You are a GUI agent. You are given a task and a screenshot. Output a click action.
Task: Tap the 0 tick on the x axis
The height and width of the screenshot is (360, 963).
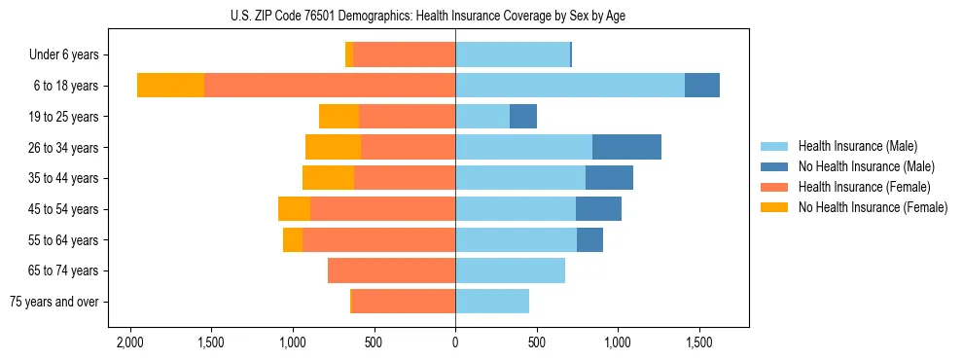click(455, 342)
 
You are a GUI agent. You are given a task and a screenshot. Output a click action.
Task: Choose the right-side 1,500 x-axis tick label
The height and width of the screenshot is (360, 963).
click(699, 342)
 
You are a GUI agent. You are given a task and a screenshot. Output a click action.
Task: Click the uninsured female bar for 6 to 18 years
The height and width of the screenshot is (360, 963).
click(170, 86)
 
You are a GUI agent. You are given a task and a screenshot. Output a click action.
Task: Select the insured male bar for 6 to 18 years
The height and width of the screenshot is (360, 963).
click(570, 86)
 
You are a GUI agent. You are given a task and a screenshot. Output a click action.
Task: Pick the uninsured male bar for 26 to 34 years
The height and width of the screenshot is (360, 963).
click(626, 147)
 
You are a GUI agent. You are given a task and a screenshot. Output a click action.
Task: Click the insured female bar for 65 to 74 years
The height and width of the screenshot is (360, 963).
click(391, 270)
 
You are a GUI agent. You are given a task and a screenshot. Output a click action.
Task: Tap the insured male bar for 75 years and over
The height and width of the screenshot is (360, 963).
click(492, 302)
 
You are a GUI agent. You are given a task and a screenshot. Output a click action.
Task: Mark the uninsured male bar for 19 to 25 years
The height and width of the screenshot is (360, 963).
click(523, 117)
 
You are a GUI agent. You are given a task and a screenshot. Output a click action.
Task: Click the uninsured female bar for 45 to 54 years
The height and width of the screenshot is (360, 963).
click(294, 209)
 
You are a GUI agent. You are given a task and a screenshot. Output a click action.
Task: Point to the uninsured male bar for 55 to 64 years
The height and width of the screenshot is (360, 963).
click(589, 239)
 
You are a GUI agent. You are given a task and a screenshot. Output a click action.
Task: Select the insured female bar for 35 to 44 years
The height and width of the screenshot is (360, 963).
click(405, 178)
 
